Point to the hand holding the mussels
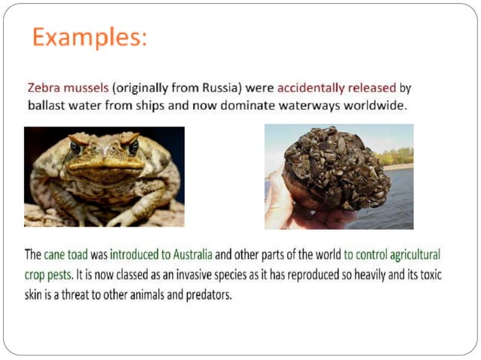[x=283, y=203]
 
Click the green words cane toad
[x=66, y=255]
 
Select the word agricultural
[x=407, y=255]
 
